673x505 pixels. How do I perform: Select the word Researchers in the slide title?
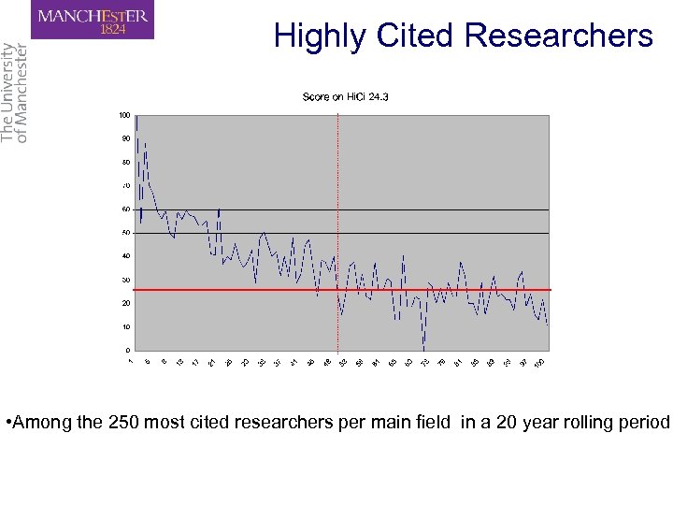558,36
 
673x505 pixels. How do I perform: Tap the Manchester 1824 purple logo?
92,21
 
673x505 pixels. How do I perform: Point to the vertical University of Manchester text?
14,92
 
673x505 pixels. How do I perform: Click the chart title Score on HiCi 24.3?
345,97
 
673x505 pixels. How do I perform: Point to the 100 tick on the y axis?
124,115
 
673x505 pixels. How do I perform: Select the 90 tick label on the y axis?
125,138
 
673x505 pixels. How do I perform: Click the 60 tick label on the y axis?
125,209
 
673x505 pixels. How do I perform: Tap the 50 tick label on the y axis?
125,233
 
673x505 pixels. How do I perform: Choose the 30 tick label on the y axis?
125,280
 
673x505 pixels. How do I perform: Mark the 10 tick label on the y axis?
125,327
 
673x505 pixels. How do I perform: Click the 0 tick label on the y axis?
128,351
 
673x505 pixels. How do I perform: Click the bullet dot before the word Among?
7,422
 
